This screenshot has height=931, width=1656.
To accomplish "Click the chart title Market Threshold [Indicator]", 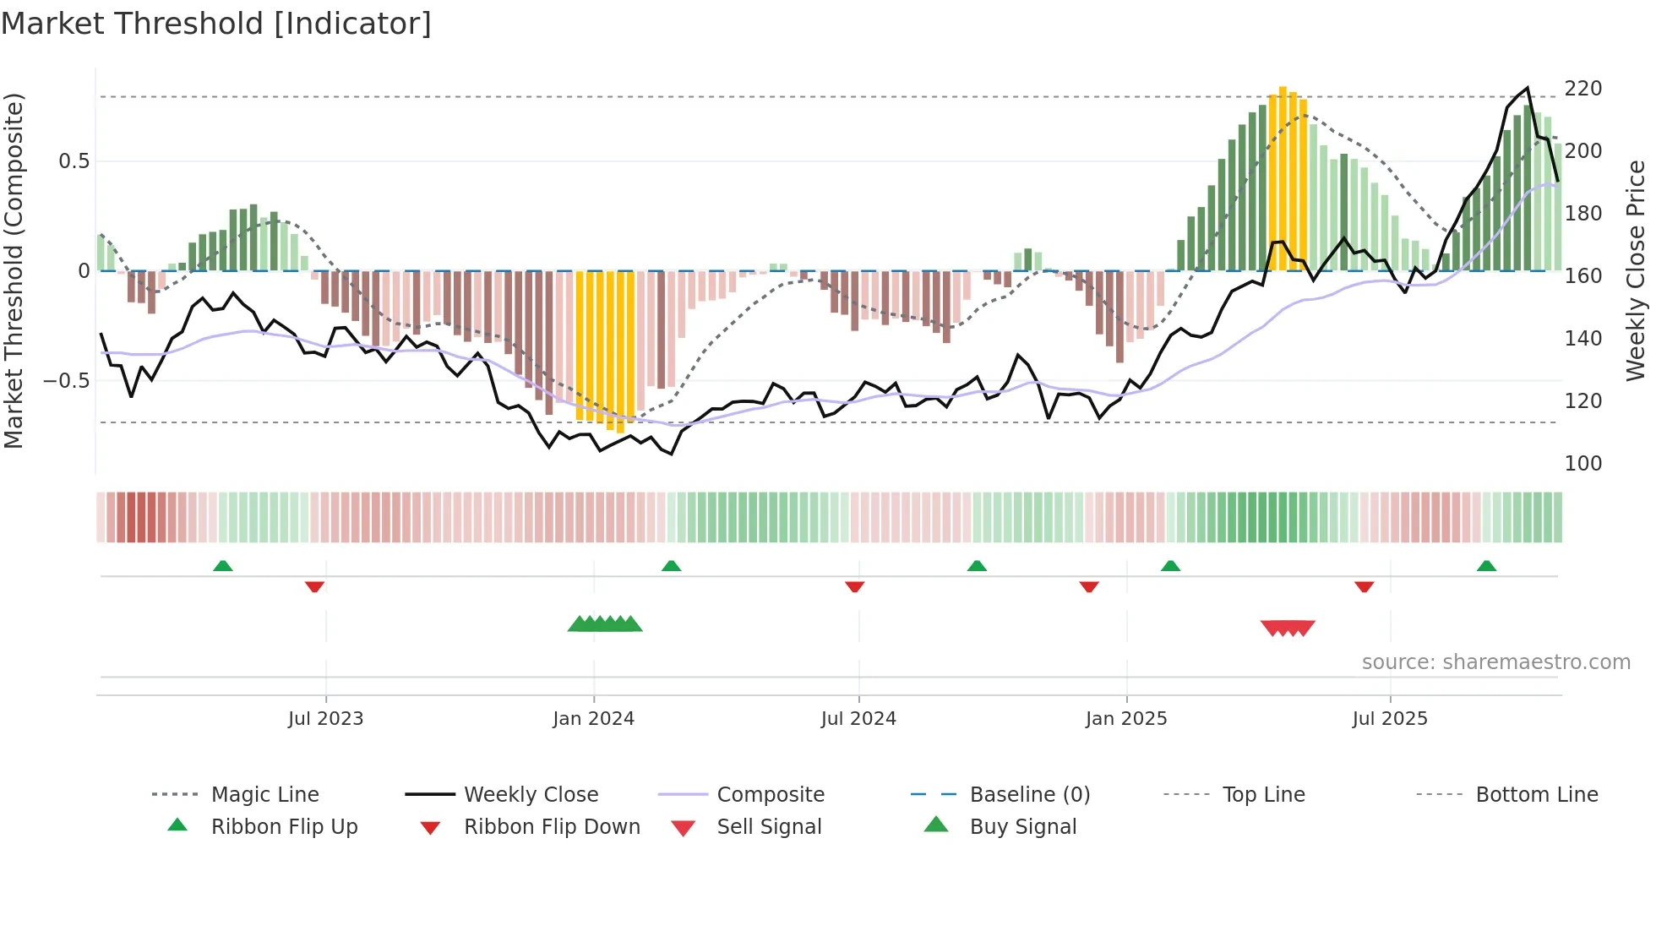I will (216, 23).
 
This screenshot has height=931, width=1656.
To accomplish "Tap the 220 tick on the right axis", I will (1582, 89).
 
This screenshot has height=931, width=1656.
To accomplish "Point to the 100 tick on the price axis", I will (1582, 464).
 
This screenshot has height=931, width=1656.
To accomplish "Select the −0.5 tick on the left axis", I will (67, 381).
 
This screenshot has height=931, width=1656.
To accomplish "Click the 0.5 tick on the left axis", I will (74, 161).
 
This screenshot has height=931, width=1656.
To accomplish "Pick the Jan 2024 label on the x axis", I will (593, 719).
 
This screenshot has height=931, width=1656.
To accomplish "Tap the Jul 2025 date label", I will (1390, 719).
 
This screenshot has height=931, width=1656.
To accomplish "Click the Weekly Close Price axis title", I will (1636, 270).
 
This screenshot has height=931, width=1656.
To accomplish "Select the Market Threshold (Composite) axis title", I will (14, 270).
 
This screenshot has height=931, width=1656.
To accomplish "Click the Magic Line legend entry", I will (264, 795).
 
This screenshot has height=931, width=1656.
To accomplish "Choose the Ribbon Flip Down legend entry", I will (552, 827).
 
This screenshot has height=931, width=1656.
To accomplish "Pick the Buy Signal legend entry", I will (1022, 827).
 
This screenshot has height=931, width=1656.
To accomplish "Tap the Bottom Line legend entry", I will (1536, 795).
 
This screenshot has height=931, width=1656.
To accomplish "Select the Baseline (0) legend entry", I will (1029, 795).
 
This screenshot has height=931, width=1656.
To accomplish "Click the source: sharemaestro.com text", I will (1495, 662).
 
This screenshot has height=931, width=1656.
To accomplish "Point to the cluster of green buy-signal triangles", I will (605, 624).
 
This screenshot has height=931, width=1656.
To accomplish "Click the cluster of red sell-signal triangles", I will (1288, 628).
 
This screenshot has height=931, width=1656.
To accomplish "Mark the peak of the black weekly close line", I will (1527, 88).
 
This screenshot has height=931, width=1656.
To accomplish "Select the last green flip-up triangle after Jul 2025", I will (1486, 566).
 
